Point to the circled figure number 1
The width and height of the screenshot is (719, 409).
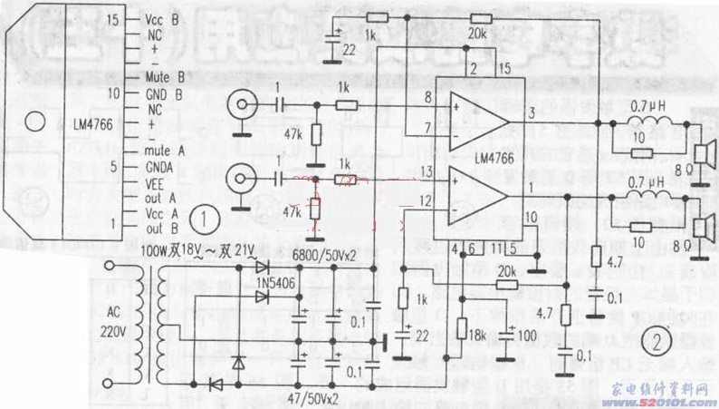(208, 219)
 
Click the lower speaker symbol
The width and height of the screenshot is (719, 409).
(703, 219)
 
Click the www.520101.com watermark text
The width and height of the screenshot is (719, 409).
(662, 396)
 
